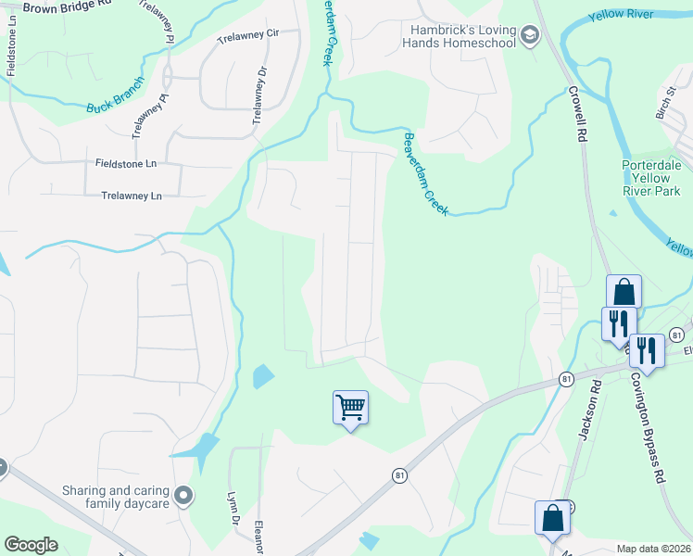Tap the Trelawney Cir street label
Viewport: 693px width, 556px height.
[x=247, y=34]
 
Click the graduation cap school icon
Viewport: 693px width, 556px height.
[x=529, y=36]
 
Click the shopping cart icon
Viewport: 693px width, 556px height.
[x=350, y=407]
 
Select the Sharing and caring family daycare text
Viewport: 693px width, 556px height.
[x=115, y=497]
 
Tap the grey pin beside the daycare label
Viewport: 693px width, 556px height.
[x=184, y=496]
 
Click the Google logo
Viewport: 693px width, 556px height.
[x=31, y=545]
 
